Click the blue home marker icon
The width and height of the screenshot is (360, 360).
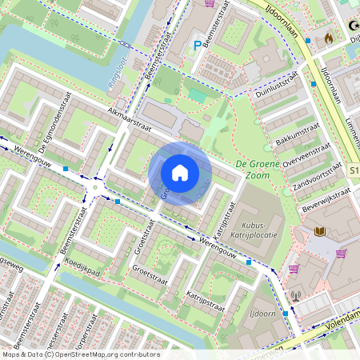point(180,172)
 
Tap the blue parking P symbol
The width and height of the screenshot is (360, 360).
point(197,46)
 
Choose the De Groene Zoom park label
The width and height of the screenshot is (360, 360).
point(262,169)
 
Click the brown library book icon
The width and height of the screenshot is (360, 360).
point(320,232)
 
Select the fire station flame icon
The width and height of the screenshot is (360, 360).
point(326,37)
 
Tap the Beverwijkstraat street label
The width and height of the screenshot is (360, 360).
point(322,197)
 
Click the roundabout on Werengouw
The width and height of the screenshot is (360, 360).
point(96,187)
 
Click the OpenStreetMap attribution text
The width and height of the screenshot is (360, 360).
point(80,354)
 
